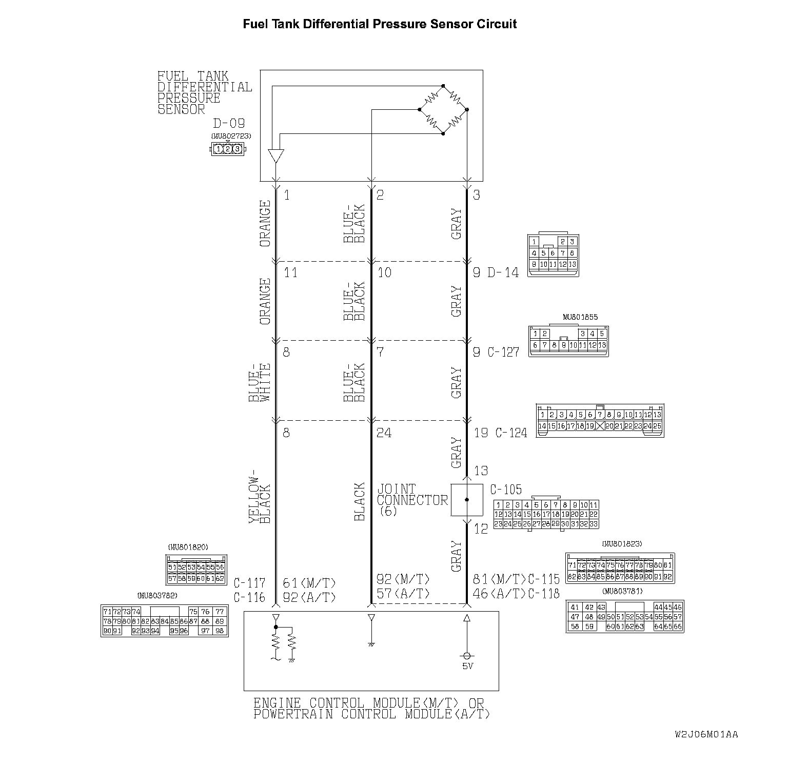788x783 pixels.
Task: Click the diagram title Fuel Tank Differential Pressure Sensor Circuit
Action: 380,24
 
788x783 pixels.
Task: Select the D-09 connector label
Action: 229,124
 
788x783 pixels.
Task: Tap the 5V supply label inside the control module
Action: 467,666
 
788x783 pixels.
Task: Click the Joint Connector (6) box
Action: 467,500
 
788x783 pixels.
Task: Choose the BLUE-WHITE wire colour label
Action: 260,382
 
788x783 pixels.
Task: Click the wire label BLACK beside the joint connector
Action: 360,502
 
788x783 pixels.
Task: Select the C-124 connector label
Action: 511,433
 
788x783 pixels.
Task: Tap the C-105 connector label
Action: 506,490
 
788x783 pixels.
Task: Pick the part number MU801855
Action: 580,317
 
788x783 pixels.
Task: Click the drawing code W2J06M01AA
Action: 706,734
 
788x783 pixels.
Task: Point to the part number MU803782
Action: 157,596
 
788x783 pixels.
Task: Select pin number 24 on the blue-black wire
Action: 384,433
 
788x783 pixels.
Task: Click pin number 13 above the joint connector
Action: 481,471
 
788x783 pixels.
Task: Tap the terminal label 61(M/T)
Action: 309,583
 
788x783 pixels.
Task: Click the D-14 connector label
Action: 503,272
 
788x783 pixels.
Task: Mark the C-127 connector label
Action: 503,353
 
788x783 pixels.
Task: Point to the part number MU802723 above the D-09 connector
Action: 231,136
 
